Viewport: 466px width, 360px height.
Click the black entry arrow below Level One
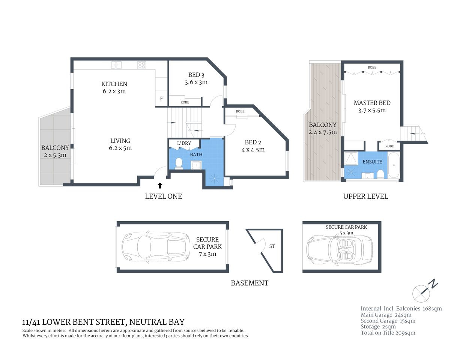coord(160,185)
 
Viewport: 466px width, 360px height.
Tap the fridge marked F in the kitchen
coord(161,99)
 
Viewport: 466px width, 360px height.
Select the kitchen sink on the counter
coord(117,65)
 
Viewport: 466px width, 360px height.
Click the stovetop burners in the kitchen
coord(141,65)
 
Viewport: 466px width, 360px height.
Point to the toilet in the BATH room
coord(179,163)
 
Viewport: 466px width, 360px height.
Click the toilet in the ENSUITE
coord(380,174)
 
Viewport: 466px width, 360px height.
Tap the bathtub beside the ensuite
coord(394,165)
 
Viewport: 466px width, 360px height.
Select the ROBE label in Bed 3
coord(185,102)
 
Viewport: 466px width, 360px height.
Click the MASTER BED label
coord(372,103)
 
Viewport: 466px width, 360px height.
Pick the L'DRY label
coord(184,143)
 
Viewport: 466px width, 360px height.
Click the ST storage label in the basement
coord(272,246)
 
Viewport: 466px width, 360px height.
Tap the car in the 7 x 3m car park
coord(156,247)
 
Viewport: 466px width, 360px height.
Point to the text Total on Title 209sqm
coord(388,333)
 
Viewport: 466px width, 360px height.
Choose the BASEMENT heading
coord(250,283)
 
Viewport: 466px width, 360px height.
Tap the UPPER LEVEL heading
coord(365,196)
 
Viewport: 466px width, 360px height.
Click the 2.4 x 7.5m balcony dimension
coord(323,132)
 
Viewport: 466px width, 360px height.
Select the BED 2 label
coord(253,142)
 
